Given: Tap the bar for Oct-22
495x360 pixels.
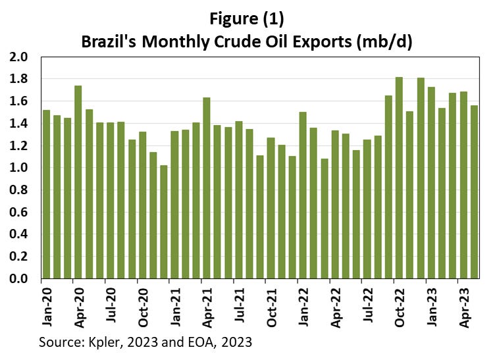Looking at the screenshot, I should pos(399,178).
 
